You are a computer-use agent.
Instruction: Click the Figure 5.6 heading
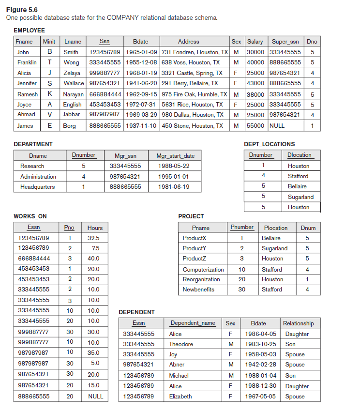21,10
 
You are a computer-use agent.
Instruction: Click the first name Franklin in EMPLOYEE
27,62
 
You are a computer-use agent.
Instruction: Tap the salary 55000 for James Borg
255,125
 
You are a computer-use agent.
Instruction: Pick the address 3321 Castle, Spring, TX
192,73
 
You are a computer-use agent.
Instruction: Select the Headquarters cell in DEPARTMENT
38,187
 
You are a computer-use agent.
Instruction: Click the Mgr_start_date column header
175,156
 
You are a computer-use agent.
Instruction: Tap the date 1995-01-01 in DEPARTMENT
173,177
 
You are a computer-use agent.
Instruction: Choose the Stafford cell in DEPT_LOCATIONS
298,176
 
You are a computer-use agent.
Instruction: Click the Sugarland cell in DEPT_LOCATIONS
300,197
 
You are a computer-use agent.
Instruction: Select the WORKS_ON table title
30,216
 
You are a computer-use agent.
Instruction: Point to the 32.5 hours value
93,238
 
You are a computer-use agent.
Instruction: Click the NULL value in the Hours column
95,396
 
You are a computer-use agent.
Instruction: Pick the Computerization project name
203,270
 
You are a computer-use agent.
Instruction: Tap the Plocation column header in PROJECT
276,228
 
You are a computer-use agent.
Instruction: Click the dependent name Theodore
181,344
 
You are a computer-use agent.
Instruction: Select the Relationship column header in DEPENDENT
298,323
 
